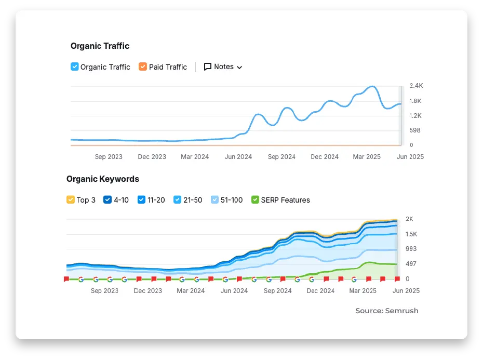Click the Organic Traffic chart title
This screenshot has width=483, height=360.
pyautogui.click(x=100, y=46)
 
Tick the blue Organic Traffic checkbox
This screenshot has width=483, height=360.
pyautogui.click(x=74, y=66)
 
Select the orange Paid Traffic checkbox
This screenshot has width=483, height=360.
pyautogui.click(x=143, y=66)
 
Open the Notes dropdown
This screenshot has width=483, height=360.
pyautogui.click(x=223, y=66)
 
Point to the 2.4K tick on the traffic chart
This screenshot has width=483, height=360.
pyautogui.click(x=416, y=85)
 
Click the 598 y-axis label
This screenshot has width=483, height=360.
pyautogui.click(x=414, y=130)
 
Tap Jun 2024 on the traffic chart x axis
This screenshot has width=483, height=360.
pyautogui.click(x=238, y=156)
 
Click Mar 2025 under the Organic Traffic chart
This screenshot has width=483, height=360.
pyautogui.click(x=367, y=156)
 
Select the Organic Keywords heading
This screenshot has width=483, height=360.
pyautogui.click(x=103, y=179)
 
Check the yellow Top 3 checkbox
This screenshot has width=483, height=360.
pyautogui.click(x=71, y=199)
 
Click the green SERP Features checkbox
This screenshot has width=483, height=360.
pyautogui.click(x=255, y=199)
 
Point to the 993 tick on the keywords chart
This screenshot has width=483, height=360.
pyautogui.click(x=411, y=249)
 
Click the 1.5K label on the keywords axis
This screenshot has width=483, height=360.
pyautogui.click(x=411, y=234)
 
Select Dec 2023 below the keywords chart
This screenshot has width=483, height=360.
pyautogui.click(x=148, y=291)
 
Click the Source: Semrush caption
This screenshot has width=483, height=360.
pyautogui.click(x=386, y=311)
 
